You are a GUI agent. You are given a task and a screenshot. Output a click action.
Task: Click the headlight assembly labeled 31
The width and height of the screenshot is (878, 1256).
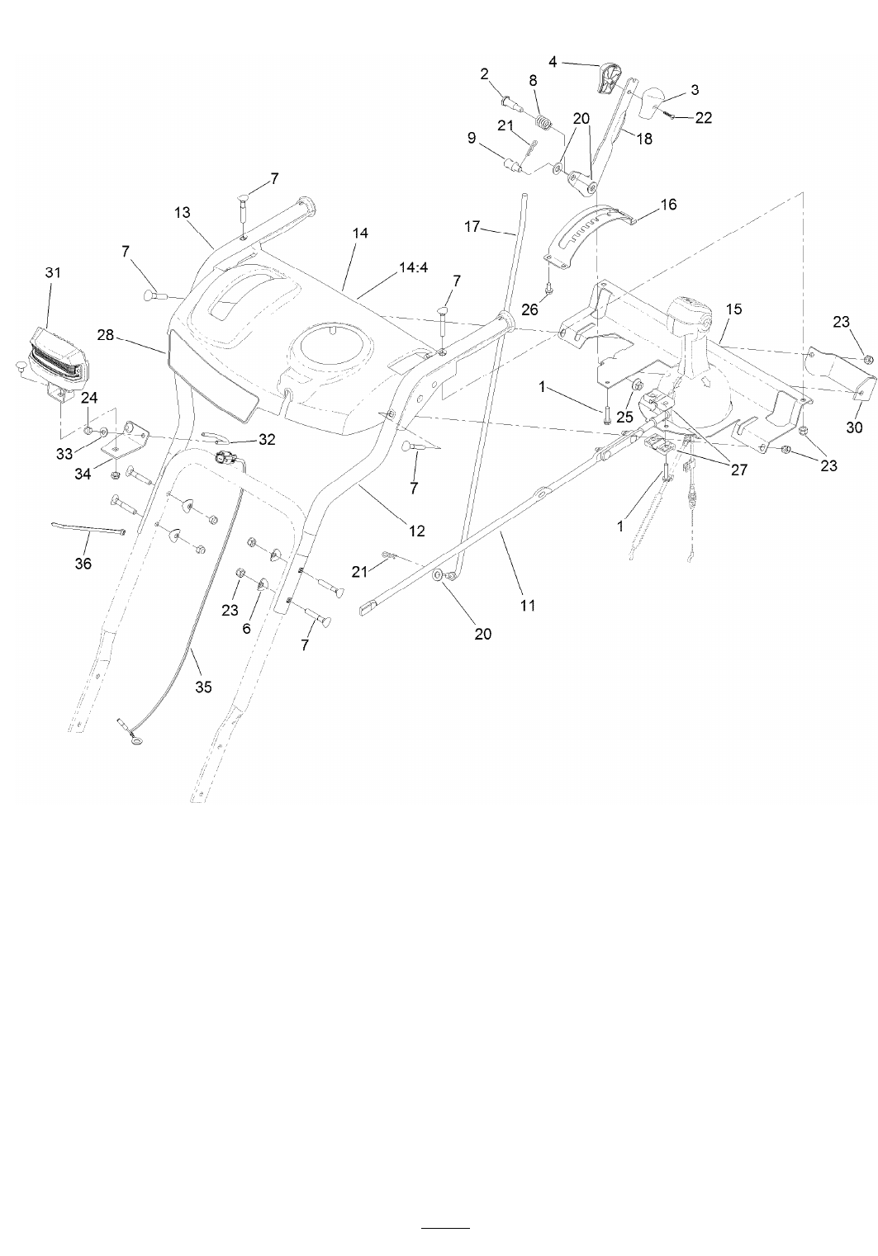[x=54, y=356]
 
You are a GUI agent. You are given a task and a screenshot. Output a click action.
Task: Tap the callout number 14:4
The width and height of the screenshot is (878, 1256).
[x=413, y=267]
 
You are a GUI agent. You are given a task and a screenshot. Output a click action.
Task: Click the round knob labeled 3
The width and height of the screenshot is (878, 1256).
[x=653, y=102]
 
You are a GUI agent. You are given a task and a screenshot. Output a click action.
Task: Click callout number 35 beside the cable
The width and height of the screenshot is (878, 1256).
[x=203, y=687]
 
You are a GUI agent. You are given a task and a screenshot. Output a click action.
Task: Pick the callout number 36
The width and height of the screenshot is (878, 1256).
[x=83, y=564]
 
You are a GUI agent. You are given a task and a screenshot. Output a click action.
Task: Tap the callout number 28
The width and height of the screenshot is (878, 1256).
[x=106, y=335]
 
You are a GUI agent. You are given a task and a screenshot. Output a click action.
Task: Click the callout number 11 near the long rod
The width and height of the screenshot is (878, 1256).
[x=528, y=606]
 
